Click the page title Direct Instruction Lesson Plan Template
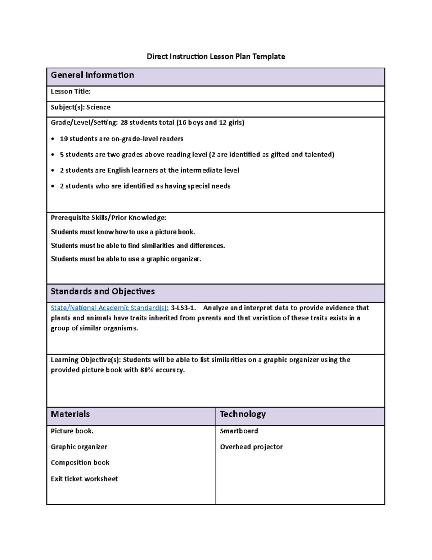click(216, 56)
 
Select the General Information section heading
click(92, 75)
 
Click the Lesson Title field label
click(70, 92)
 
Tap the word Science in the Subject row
click(98, 107)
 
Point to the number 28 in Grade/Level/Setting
click(124, 123)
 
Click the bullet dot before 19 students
click(53, 139)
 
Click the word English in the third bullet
click(118, 170)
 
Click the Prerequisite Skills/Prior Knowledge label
click(108, 218)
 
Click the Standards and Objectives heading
click(103, 291)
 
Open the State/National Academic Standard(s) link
click(109, 308)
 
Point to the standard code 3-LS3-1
click(183, 308)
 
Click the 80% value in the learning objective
click(147, 370)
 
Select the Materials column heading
click(70, 414)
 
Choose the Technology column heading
click(243, 414)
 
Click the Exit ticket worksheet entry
click(84, 479)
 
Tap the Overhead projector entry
click(251, 447)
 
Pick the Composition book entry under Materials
click(80, 463)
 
